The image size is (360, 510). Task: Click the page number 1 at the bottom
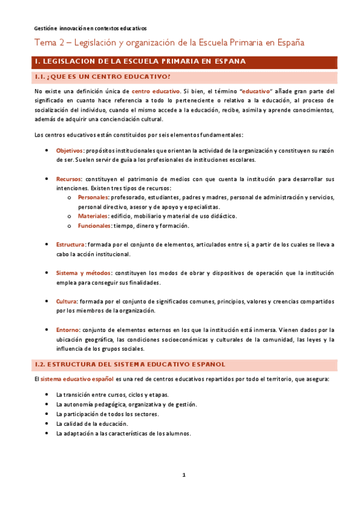185,476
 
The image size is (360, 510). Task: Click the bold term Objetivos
70,150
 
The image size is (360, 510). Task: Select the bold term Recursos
69,179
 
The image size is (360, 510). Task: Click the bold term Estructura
70,245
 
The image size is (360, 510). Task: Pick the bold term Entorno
67,330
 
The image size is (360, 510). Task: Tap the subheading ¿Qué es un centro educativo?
102,76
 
